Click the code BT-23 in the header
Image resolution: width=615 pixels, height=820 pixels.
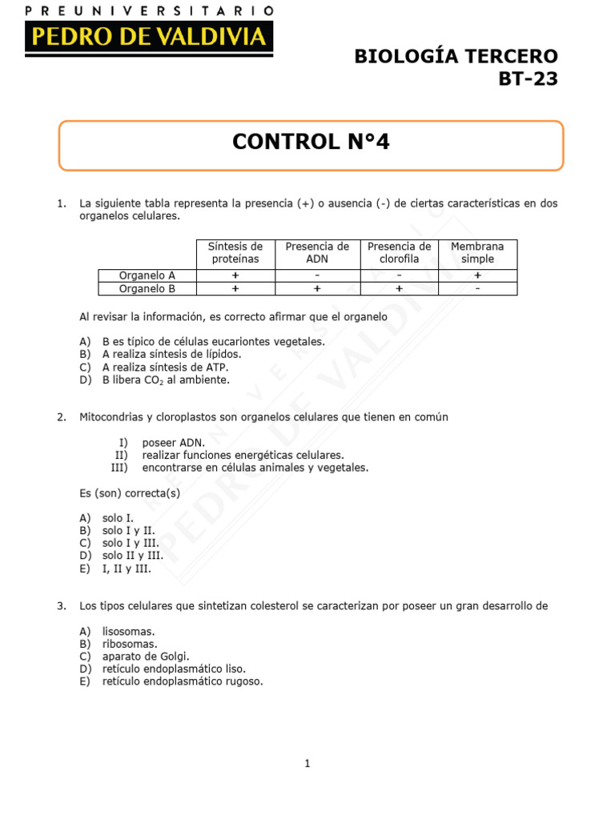point(528,79)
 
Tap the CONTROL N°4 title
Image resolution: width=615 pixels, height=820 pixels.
point(311,143)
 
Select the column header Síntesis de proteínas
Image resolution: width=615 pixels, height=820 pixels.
point(235,253)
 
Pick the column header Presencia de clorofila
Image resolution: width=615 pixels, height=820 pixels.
point(399,253)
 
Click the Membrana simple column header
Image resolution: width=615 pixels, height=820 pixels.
point(477,253)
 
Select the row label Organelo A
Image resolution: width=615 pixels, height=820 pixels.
point(147,275)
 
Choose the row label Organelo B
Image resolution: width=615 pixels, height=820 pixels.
point(147,288)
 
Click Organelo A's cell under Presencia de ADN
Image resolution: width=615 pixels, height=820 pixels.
point(317,275)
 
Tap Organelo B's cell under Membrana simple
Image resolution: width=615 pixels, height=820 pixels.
point(477,288)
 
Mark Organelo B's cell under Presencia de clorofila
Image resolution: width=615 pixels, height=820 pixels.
point(399,288)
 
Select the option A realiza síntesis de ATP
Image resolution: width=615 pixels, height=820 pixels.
point(165,367)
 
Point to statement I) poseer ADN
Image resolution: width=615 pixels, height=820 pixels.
point(173,442)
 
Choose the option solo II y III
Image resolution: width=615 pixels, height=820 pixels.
point(133,556)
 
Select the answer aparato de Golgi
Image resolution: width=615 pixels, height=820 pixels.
point(146,656)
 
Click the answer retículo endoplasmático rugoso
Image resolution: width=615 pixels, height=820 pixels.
point(183,681)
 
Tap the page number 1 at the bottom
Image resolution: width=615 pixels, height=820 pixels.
point(307,763)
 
